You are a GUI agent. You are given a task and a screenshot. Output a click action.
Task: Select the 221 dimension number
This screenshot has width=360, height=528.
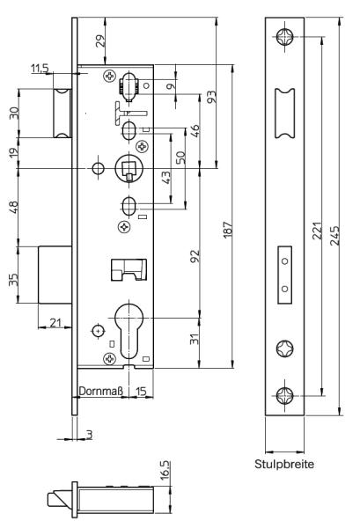click(x=317, y=231)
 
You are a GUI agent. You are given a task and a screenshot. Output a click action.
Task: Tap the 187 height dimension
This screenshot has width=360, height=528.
click(x=228, y=230)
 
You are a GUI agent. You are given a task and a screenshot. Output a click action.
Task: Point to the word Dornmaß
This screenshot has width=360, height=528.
click(x=100, y=391)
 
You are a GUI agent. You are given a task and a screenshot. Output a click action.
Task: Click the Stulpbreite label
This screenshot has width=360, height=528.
click(x=284, y=464)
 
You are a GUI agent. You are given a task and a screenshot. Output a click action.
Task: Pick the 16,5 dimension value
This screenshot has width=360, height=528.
click(x=165, y=471)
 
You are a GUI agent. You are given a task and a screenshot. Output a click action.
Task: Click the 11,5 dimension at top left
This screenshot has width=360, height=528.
click(x=40, y=68)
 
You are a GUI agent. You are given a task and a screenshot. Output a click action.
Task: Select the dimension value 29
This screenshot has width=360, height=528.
click(x=100, y=40)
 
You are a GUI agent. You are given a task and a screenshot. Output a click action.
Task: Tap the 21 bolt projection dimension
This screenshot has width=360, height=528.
click(x=55, y=323)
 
